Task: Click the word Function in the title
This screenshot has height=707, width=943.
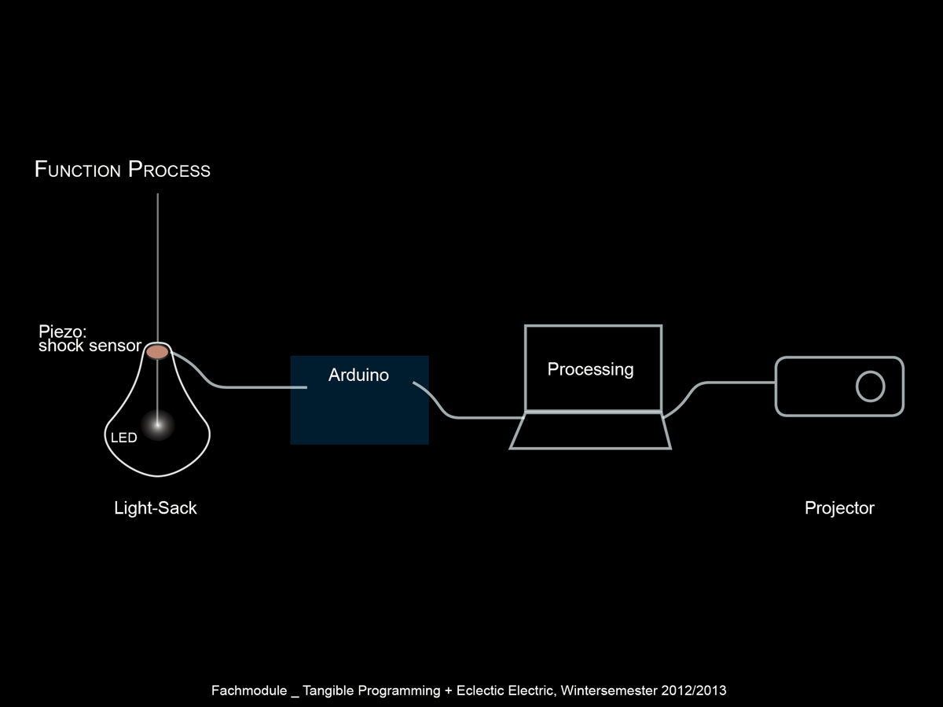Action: pyautogui.click(x=78, y=170)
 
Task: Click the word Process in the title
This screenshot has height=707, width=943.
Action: pyautogui.click(x=169, y=170)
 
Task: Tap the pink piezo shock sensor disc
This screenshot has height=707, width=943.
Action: pyautogui.click(x=158, y=352)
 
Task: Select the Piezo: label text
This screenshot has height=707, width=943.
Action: pyautogui.click(x=62, y=332)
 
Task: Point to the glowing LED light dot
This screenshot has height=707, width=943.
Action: pyautogui.click(x=158, y=425)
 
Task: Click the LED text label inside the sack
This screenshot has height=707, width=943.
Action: pyautogui.click(x=123, y=438)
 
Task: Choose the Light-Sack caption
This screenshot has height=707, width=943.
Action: pyautogui.click(x=156, y=508)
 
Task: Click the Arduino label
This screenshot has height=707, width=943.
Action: pyautogui.click(x=358, y=375)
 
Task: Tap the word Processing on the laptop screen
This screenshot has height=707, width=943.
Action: pyautogui.click(x=590, y=369)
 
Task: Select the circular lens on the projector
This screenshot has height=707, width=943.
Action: pyautogui.click(x=870, y=386)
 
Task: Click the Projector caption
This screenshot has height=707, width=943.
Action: pyautogui.click(x=839, y=508)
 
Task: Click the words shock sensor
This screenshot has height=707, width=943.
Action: pyautogui.click(x=90, y=346)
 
